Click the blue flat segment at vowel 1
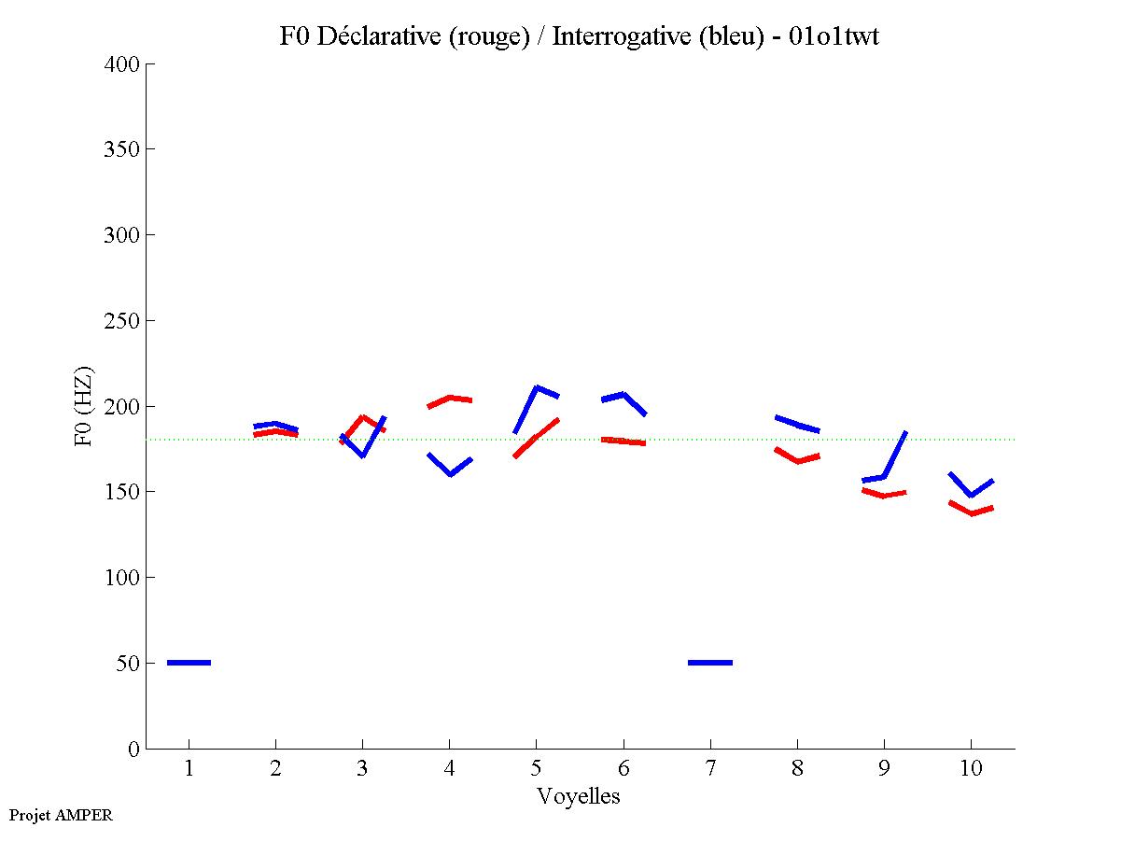tap(189, 663)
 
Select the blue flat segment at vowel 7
tap(709, 663)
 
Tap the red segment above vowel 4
tap(450, 399)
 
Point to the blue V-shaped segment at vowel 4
tap(450, 471)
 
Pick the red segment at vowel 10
tap(971, 512)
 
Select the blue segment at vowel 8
tap(797, 424)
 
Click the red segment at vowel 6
tap(623, 441)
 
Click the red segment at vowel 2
tap(275, 432)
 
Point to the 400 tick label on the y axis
tap(122, 64)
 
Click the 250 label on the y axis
tap(122, 321)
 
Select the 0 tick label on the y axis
tap(134, 749)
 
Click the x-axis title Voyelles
tap(579, 796)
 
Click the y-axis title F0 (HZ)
tap(84, 406)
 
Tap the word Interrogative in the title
tap(617, 37)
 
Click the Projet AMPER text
tap(60, 815)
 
